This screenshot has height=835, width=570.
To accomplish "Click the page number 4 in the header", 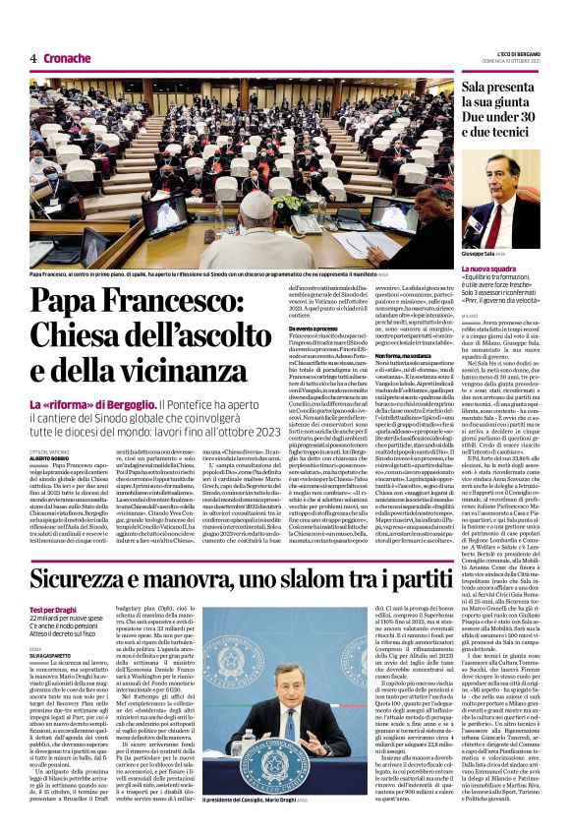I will point(32,58).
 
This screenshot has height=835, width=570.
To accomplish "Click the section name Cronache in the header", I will point(67,58).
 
